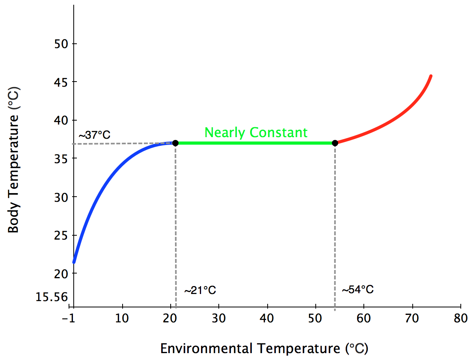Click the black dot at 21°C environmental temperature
click(x=175, y=143)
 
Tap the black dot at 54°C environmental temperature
click(x=335, y=143)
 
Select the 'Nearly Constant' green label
click(x=256, y=132)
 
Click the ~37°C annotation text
click(x=94, y=135)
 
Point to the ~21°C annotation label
click(x=200, y=290)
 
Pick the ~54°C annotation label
click(x=357, y=290)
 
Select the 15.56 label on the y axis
click(x=51, y=297)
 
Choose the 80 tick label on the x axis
click(x=460, y=318)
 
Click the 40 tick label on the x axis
click(x=267, y=318)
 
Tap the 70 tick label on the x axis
click(x=412, y=318)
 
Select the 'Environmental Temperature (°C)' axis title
click(x=264, y=348)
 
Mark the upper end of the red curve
click(x=431, y=76)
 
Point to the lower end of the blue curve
click(x=74, y=262)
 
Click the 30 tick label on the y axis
click(x=60, y=197)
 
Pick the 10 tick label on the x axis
click(x=122, y=318)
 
